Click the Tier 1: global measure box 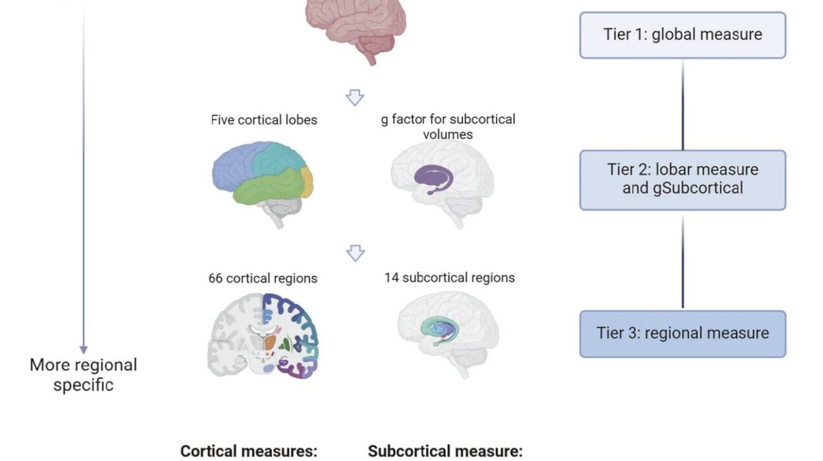(682, 35)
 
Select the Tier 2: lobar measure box (682, 180)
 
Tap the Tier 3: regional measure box (682, 333)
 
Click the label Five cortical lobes (263, 121)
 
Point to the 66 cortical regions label (263, 279)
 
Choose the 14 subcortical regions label (449, 277)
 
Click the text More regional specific (84, 375)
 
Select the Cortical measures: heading (249, 451)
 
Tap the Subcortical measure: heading (445, 451)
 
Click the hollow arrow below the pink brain (355, 98)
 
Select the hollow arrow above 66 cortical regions (355, 253)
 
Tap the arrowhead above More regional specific (84, 348)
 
